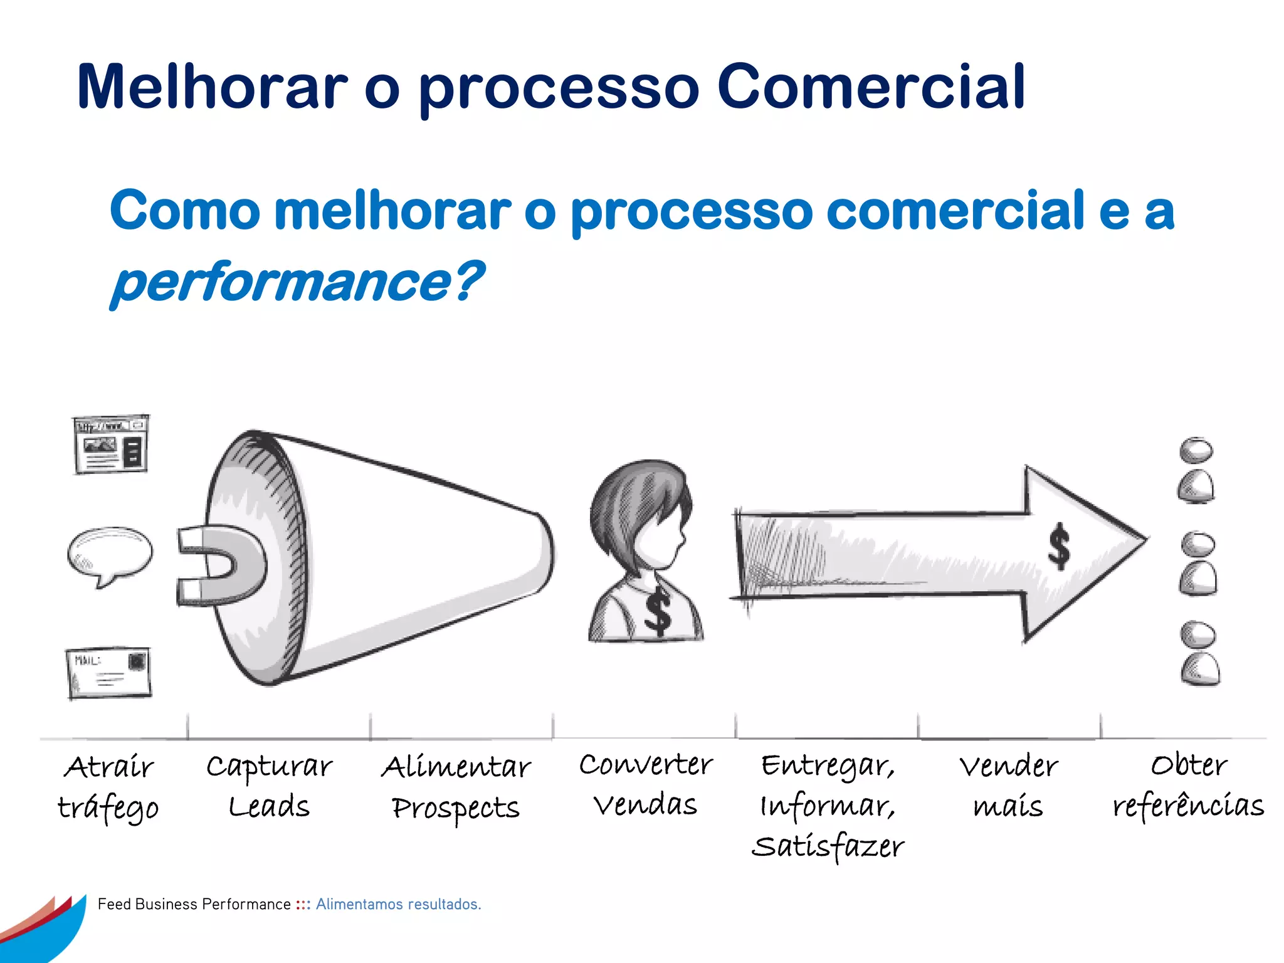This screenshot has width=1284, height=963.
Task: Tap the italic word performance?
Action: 297,282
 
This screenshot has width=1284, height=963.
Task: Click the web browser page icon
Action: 111,445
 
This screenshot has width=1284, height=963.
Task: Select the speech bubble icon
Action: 110,553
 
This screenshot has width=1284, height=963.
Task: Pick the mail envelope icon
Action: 109,673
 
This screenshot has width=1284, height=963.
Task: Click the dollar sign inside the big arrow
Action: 1059,546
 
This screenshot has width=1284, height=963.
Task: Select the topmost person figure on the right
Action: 1196,470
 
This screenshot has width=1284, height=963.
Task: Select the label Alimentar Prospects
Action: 456,787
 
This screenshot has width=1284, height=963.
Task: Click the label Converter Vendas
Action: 646,784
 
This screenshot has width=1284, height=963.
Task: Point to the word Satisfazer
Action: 828,846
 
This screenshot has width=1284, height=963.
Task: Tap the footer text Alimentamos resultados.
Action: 398,904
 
